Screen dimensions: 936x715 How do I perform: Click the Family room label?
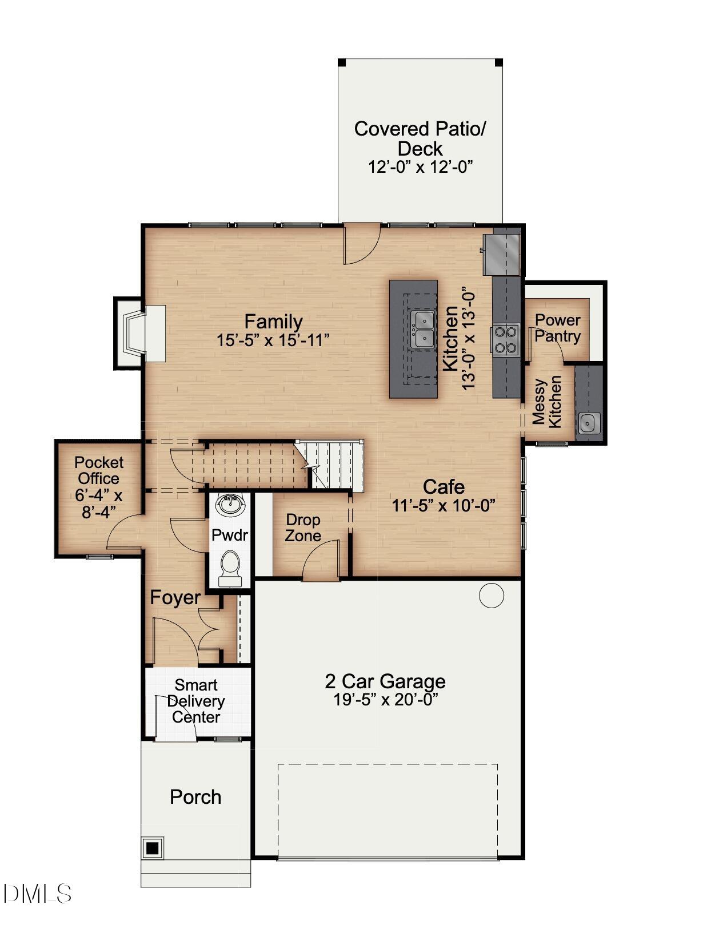click(x=273, y=322)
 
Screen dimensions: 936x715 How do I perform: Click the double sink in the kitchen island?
click(x=424, y=330)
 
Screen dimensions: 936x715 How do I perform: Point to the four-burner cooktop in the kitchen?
click(x=505, y=339)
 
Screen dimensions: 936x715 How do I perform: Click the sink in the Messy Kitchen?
click(x=589, y=423)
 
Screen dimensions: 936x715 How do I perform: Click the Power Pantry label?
click(x=557, y=328)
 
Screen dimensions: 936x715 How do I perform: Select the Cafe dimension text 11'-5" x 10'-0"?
click(x=443, y=506)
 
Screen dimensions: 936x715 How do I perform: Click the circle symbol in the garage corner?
click(x=491, y=596)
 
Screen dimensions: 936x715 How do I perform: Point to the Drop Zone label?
click(x=303, y=528)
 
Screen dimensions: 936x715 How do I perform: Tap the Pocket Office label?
click(x=98, y=470)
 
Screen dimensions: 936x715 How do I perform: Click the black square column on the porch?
click(x=152, y=848)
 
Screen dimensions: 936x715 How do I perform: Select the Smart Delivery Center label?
click(x=196, y=701)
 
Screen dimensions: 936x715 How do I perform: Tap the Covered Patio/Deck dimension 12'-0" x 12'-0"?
click(x=420, y=167)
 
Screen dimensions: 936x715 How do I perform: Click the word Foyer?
click(x=175, y=598)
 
